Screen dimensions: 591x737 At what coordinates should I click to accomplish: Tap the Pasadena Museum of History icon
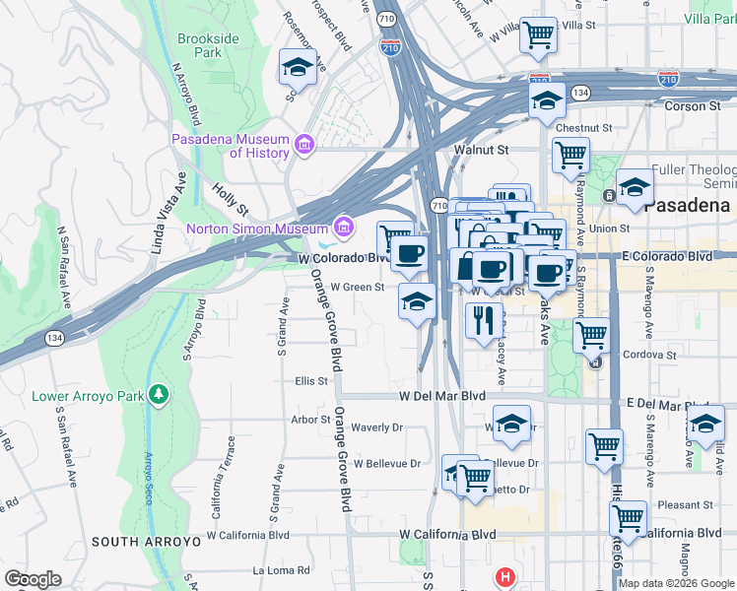[x=303, y=147]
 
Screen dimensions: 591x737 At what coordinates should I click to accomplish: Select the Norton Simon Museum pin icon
[x=343, y=229]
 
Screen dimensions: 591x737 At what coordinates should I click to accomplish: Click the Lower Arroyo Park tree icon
[x=159, y=396]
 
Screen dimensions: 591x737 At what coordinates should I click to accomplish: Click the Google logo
[x=33, y=579]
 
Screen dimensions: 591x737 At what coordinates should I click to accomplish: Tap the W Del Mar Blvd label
[x=442, y=396]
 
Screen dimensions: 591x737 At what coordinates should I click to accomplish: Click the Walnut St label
[x=480, y=150]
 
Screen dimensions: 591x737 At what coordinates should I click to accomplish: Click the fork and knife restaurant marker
[x=483, y=321]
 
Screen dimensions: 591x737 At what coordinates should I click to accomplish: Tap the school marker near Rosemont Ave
[x=298, y=68]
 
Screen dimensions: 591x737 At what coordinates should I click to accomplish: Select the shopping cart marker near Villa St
[x=538, y=35]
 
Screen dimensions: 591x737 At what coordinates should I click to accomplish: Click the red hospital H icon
[x=505, y=577]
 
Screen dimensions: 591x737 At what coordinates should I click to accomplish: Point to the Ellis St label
[x=310, y=380]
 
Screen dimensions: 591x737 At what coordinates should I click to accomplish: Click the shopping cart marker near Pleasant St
[x=628, y=517]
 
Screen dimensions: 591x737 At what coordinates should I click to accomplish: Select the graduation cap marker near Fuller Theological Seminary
[x=636, y=187]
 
